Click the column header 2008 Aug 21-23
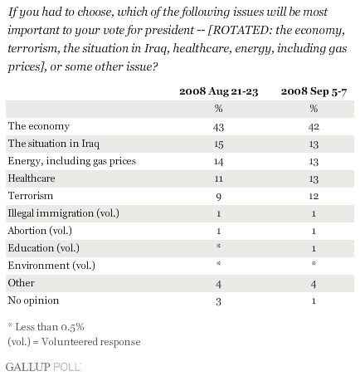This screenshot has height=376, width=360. (x=218, y=91)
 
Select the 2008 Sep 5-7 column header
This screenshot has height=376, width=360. (x=314, y=91)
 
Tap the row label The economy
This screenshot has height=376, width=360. (x=39, y=126)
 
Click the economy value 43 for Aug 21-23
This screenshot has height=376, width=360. (x=218, y=127)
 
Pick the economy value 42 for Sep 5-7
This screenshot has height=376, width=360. (x=314, y=127)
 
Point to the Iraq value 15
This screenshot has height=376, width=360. (x=218, y=144)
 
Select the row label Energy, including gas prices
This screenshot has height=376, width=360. (x=72, y=161)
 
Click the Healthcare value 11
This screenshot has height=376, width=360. (x=218, y=179)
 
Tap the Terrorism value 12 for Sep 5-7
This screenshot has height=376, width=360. (x=314, y=197)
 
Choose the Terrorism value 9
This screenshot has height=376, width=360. (x=218, y=197)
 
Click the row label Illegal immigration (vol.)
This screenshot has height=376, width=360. (x=64, y=213)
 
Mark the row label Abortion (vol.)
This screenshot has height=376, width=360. (x=40, y=231)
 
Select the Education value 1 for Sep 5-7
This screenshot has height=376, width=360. (x=314, y=248)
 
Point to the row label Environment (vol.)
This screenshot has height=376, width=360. (x=51, y=266)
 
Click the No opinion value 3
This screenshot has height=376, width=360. (x=218, y=301)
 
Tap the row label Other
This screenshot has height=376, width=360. (x=22, y=283)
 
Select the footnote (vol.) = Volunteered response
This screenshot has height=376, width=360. (x=74, y=342)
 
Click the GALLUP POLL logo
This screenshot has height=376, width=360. (x=43, y=367)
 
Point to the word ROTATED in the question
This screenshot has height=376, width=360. (x=240, y=30)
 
